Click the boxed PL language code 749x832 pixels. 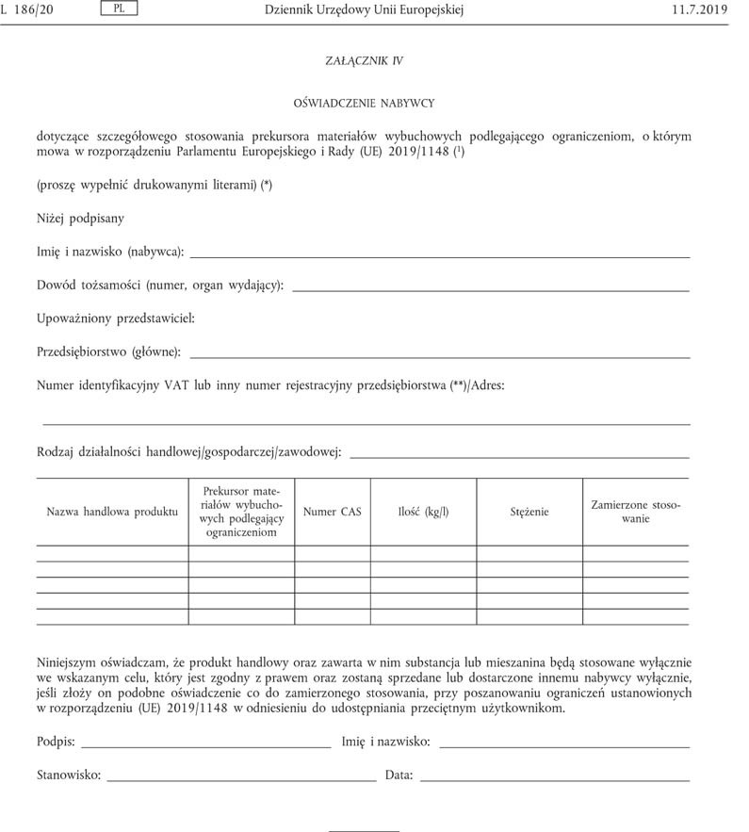coord(118,9)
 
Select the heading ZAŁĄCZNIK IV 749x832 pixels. coord(365,60)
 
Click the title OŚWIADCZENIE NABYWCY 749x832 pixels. coord(365,102)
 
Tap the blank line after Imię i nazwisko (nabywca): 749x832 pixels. coord(440,256)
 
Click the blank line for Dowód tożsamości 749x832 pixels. coord(491,290)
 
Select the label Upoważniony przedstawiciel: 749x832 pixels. coord(116,318)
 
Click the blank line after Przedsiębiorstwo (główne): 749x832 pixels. coord(440,357)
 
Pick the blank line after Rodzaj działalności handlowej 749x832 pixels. coord(519,457)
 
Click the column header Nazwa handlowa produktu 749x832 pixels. coord(112,512)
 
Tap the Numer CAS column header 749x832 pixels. coord(332,512)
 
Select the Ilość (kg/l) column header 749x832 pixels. coord(423,512)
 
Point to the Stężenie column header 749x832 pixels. coord(529,512)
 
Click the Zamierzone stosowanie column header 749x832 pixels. coord(636,512)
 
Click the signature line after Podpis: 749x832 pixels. coord(205,746)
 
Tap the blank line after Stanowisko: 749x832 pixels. coord(242,780)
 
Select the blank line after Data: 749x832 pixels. coord(554,780)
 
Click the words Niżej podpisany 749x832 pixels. coord(80,218)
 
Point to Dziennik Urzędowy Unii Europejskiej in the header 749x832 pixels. coord(365,9)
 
